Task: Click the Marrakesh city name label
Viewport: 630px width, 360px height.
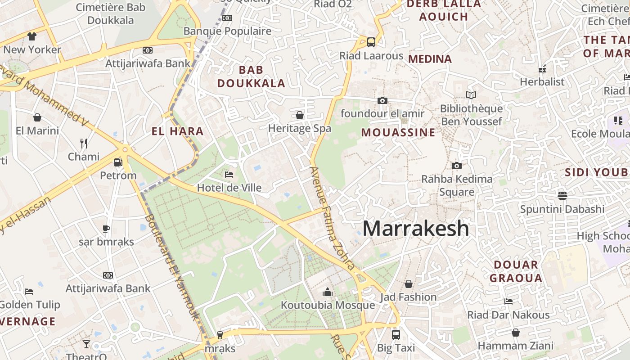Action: point(415,229)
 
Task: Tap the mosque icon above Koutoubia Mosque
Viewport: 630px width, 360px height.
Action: point(328,292)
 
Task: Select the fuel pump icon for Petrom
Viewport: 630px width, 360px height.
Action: point(118,162)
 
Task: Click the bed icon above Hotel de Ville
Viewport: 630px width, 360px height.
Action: point(229,175)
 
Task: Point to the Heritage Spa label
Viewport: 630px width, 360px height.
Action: point(300,128)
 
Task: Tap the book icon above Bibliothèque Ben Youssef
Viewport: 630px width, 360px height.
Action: point(471,95)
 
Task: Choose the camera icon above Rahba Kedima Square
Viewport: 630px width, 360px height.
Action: point(457,166)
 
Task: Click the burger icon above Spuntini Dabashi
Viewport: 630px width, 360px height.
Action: point(562,196)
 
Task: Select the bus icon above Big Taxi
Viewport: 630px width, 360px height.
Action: point(396,335)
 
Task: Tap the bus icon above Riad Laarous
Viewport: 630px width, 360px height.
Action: point(371,42)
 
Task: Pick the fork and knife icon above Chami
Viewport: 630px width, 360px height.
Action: point(83,144)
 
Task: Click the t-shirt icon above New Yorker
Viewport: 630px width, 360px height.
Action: point(31,36)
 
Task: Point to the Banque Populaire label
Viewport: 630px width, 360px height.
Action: point(228,31)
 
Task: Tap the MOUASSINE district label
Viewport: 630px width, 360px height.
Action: point(398,133)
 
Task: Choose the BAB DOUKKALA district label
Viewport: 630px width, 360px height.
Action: point(251,76)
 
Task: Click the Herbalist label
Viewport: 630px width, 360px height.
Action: point(542,82)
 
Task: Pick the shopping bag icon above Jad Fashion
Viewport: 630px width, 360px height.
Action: point(409,284)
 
